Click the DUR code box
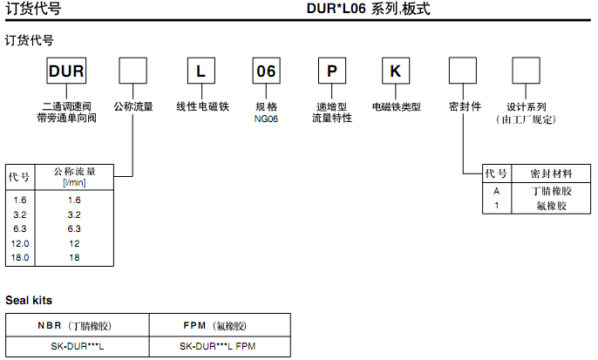pos(65,71)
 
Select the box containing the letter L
pos(200,71)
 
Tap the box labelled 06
pos(265,71)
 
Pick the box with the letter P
pos(330,71)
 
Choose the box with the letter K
pos(396,71)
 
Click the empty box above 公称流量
pos(133,71)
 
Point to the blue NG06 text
pos(266,119)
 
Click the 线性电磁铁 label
pos(201,107)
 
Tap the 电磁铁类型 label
pos(397,107)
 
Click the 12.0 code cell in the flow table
pos(21,243)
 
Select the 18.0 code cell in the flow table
pos(21,258)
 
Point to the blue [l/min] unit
pos(74,182)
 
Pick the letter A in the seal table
pos(496,191)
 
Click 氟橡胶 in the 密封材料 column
pos(552,206)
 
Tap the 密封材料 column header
pos(552,174)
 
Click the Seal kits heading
pos(29,301)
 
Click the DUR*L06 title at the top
pos(368,10)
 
